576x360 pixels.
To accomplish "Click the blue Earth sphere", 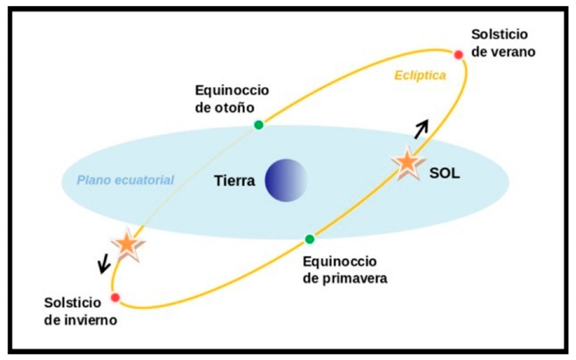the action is [286, 181].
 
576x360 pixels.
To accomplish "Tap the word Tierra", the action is [235, 181].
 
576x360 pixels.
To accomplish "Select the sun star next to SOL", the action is [408, 163].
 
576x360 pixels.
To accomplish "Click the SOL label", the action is [444, 173].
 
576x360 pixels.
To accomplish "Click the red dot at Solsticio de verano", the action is [458, 55].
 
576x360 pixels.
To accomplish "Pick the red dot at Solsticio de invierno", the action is [115, 297].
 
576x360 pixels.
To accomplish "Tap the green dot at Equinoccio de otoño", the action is [259, 125].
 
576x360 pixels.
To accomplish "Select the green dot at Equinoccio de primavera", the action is [310, 239].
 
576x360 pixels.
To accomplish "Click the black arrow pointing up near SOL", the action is [421, 129].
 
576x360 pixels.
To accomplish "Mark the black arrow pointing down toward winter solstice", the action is [104, 263].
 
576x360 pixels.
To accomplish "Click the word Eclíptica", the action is [420, 76].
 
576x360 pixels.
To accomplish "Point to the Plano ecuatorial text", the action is [125, 181].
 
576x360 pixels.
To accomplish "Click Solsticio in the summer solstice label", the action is [499, 34].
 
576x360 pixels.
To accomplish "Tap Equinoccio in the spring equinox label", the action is [340, 262].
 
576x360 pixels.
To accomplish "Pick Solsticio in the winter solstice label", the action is [73, 303].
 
